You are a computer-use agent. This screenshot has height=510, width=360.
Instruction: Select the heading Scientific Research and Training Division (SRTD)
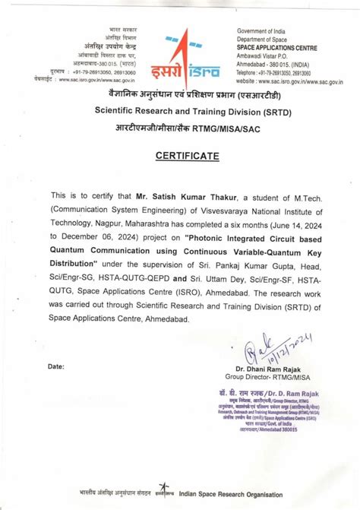point(179,111)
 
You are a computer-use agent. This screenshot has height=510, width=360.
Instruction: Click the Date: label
point(56,367)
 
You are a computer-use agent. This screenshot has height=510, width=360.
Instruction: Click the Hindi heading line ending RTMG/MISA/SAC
point(179,125)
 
